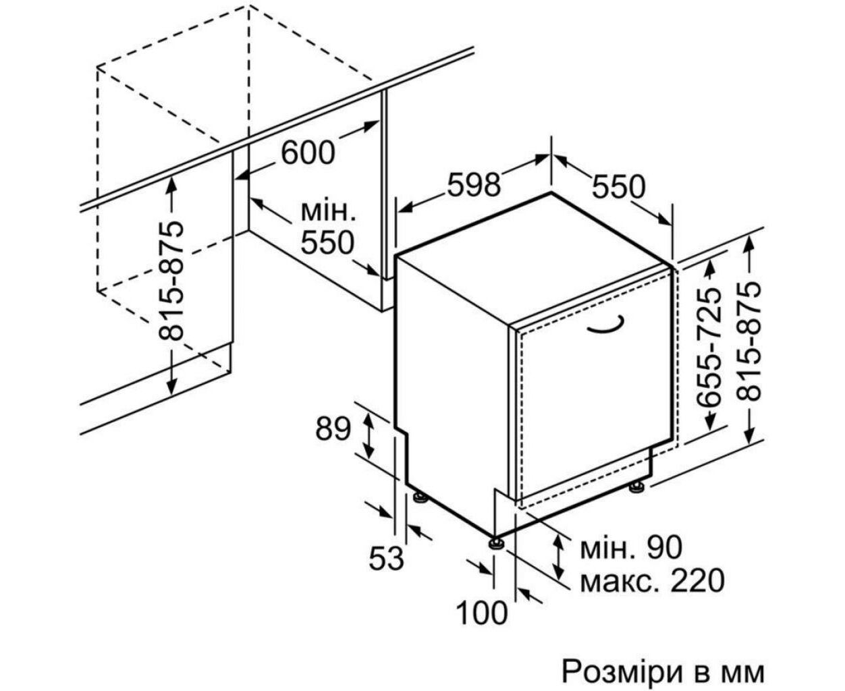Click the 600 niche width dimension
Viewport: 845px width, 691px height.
308,153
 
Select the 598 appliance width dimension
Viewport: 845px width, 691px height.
474,184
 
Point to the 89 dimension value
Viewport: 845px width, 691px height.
333,429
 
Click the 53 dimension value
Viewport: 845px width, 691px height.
387,558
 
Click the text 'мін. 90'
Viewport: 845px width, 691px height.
631,547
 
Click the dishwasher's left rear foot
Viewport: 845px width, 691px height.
420,498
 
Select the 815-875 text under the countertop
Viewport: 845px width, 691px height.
171,281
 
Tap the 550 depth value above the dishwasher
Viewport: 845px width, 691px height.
619,187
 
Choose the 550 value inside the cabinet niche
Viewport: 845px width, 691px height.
328,243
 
